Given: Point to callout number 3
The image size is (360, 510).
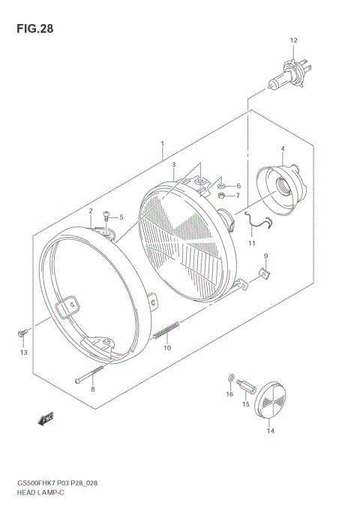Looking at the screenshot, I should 173,165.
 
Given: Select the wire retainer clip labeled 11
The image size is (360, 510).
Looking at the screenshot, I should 22,331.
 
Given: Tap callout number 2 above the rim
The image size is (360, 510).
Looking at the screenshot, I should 90,211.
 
